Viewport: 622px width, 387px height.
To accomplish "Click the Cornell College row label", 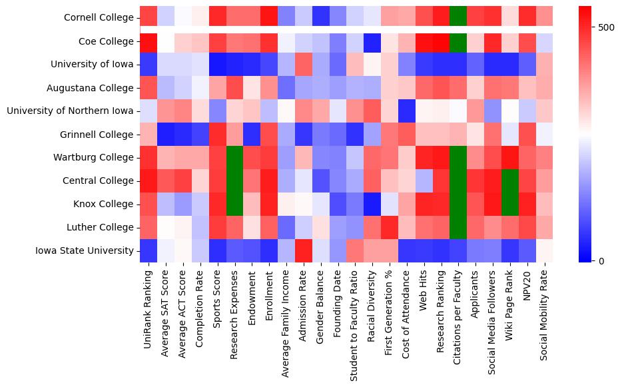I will click(99, 18).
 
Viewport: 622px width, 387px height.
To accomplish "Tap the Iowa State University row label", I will click(87, 250).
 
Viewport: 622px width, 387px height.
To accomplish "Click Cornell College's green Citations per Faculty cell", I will click(458, 18).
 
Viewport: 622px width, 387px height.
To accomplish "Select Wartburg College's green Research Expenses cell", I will click(234, 158).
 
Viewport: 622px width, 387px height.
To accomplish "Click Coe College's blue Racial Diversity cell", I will click(372, 41).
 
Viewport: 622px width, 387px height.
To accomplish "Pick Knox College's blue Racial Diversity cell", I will click(372, 204).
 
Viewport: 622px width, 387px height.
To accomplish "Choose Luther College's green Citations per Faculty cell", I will click(458, 227).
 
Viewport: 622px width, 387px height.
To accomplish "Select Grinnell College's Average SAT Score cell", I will click(165, 135).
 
